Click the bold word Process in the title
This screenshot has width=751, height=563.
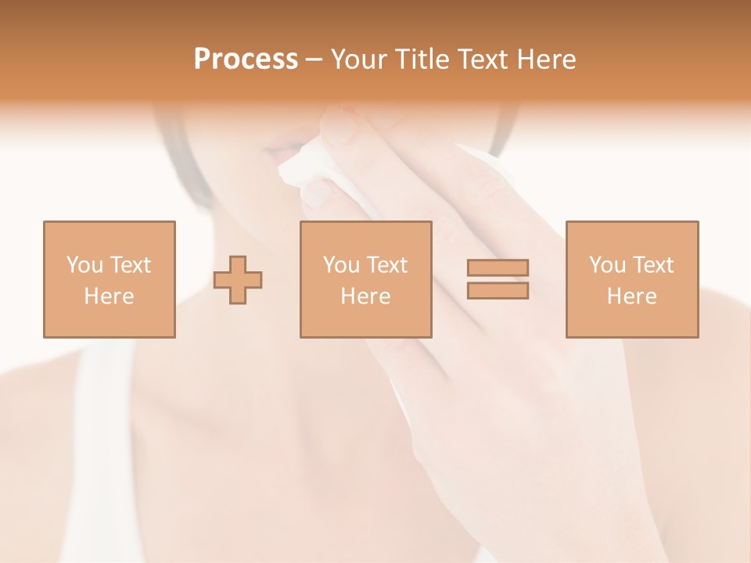246,59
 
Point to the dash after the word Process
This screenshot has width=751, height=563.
314,60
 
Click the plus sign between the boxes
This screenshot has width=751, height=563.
238,280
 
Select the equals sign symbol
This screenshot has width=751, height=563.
498,279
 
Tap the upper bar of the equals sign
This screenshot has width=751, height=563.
498,268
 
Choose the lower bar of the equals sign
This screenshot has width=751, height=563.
498,290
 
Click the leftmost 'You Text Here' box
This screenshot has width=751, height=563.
110,279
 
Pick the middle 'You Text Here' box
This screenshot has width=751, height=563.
365,279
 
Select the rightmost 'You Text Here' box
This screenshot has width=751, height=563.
631,279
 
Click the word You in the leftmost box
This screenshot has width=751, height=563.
84,265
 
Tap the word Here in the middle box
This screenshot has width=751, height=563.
365,296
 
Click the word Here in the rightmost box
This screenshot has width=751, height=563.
631,296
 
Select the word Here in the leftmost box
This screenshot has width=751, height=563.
109,296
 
